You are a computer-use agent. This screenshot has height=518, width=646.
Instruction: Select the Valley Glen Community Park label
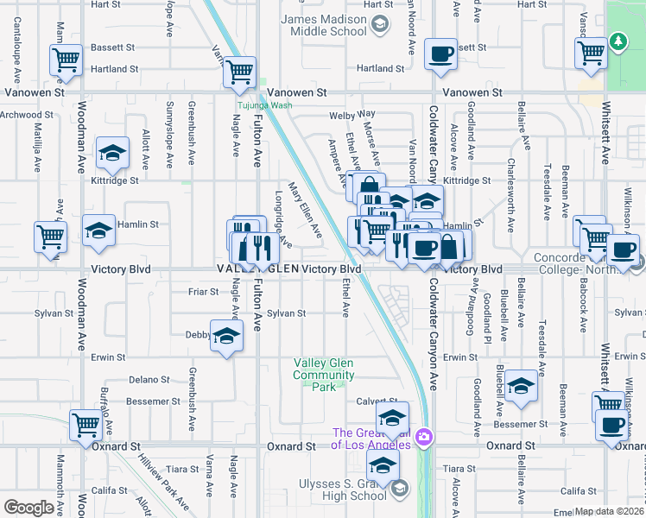tap(324, 376)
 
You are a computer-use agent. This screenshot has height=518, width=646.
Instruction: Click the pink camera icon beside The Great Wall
tap(423, 437)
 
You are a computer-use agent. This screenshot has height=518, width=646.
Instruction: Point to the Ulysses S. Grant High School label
tap(343, 490)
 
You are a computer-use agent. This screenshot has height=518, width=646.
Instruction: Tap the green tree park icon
tap(618, 41)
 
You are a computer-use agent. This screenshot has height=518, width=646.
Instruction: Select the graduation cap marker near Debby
tap(226, 336)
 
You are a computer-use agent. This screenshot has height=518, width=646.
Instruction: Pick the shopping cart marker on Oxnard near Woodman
tap(86, 424)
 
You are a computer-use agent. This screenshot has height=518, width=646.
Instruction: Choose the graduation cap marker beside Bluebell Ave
tap(522, 386)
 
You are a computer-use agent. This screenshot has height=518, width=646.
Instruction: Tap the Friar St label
tap(203, 292)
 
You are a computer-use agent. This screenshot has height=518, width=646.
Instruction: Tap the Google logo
tap(29, 508)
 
